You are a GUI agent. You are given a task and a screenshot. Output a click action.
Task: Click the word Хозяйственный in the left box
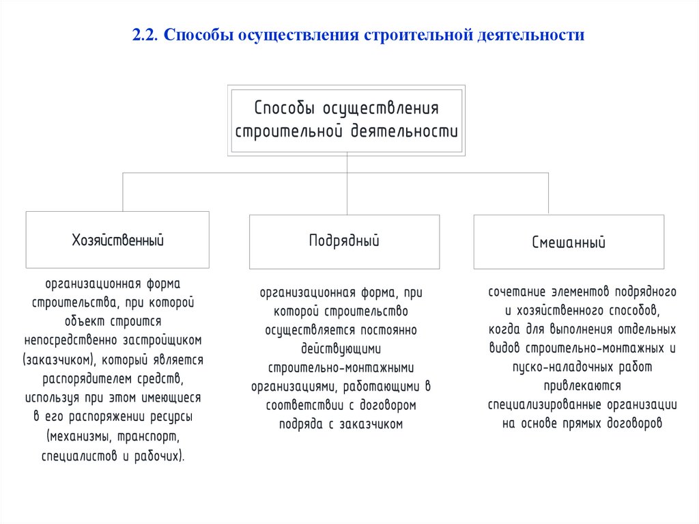point(117,240)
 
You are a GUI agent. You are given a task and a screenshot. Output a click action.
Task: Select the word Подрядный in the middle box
point(344,240)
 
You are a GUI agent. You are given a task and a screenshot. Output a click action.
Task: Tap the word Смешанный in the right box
point(569,243)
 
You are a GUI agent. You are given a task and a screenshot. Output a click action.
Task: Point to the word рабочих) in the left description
point(159,455)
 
